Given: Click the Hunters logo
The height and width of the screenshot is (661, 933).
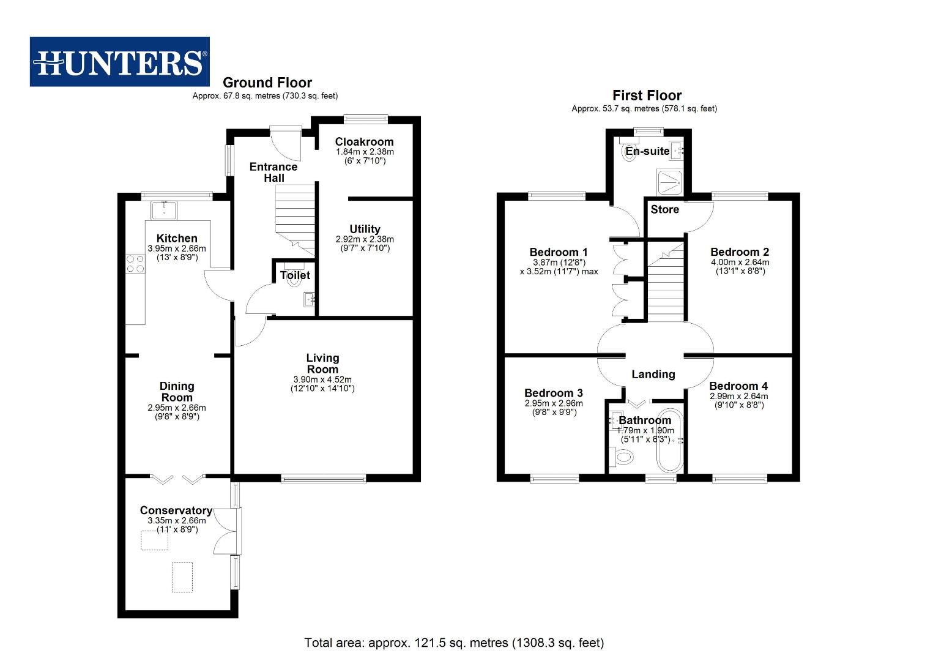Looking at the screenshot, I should click(119, 62).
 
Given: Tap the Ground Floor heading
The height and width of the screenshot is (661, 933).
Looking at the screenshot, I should click(267, 83).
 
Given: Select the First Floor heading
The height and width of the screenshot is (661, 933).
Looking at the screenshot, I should click(647, 95).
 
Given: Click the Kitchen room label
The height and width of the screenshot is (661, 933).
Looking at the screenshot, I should click(177, 238).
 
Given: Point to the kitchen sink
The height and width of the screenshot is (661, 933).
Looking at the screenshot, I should click(164, 210).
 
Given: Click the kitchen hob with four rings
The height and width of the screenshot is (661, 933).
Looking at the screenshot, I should click(135, 264).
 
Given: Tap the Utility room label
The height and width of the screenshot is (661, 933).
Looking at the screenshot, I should click(365, 229).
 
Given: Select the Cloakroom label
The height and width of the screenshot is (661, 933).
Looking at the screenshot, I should click(364, 141).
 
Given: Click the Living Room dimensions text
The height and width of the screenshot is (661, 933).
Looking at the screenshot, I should click(322, 384).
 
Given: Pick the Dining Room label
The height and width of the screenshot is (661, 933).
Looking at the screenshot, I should click(177, 392).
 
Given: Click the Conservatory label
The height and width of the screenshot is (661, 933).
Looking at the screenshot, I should click(176, 510).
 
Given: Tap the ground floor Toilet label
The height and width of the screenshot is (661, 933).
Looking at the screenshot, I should click(295, 275).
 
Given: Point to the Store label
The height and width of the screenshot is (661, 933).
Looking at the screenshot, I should click(664, 209).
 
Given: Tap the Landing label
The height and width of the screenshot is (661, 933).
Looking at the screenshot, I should click(653, 374).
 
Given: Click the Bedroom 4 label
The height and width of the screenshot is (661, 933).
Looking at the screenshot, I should click(738, 386).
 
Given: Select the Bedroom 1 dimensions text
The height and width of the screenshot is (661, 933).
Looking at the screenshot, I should click(559, 267).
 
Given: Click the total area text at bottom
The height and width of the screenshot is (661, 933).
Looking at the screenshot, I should click(454, 643).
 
